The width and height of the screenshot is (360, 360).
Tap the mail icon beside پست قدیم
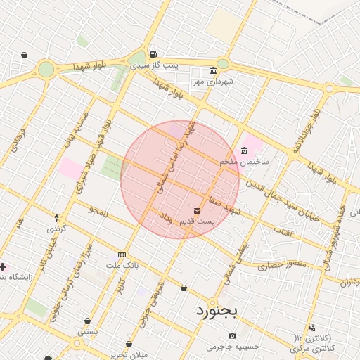coord(196,210)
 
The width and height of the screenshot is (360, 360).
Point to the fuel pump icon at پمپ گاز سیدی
coord(153,54)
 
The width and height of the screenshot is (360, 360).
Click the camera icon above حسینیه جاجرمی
coord(232,335)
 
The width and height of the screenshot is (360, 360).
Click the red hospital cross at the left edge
coord(4,267)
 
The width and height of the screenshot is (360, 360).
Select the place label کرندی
coord(56,229)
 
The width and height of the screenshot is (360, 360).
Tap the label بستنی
coord(87,330)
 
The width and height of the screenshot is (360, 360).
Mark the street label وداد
coord(166,218)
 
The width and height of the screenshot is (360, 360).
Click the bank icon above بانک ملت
coord(122,254)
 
